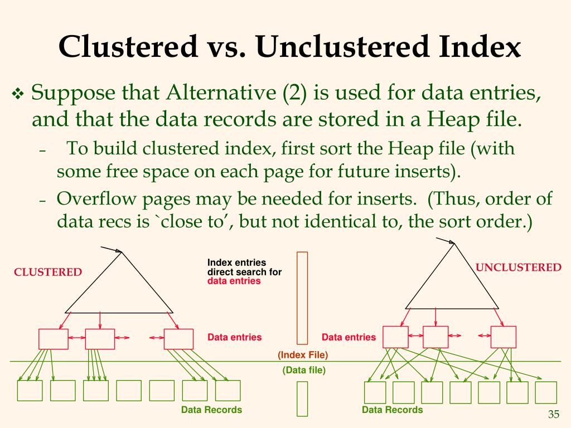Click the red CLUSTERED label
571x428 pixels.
click(48, 272)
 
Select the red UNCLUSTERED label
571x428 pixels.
click(518, 267)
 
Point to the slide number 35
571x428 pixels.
click(554, 414)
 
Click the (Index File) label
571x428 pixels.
click(303, 355)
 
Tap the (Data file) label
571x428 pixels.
click(304, 369)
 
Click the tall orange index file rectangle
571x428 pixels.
click(302, 298)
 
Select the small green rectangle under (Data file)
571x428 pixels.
click(302, 398)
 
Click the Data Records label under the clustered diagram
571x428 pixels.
click(211, 410)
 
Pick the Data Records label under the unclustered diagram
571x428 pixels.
click(392, 410)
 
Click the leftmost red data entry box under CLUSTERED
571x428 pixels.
click(54, 339)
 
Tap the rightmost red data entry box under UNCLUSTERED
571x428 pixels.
click(503, 337)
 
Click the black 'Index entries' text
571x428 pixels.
click(236, 263)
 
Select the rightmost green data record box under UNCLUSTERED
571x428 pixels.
click(545, 392)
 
